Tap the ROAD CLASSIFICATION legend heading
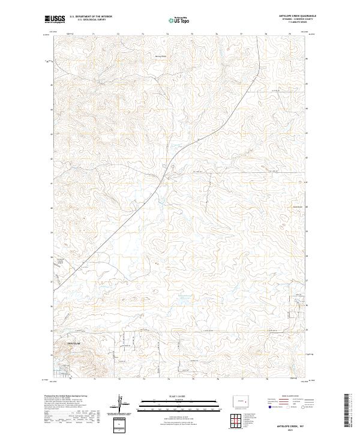[x=290, y=397]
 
